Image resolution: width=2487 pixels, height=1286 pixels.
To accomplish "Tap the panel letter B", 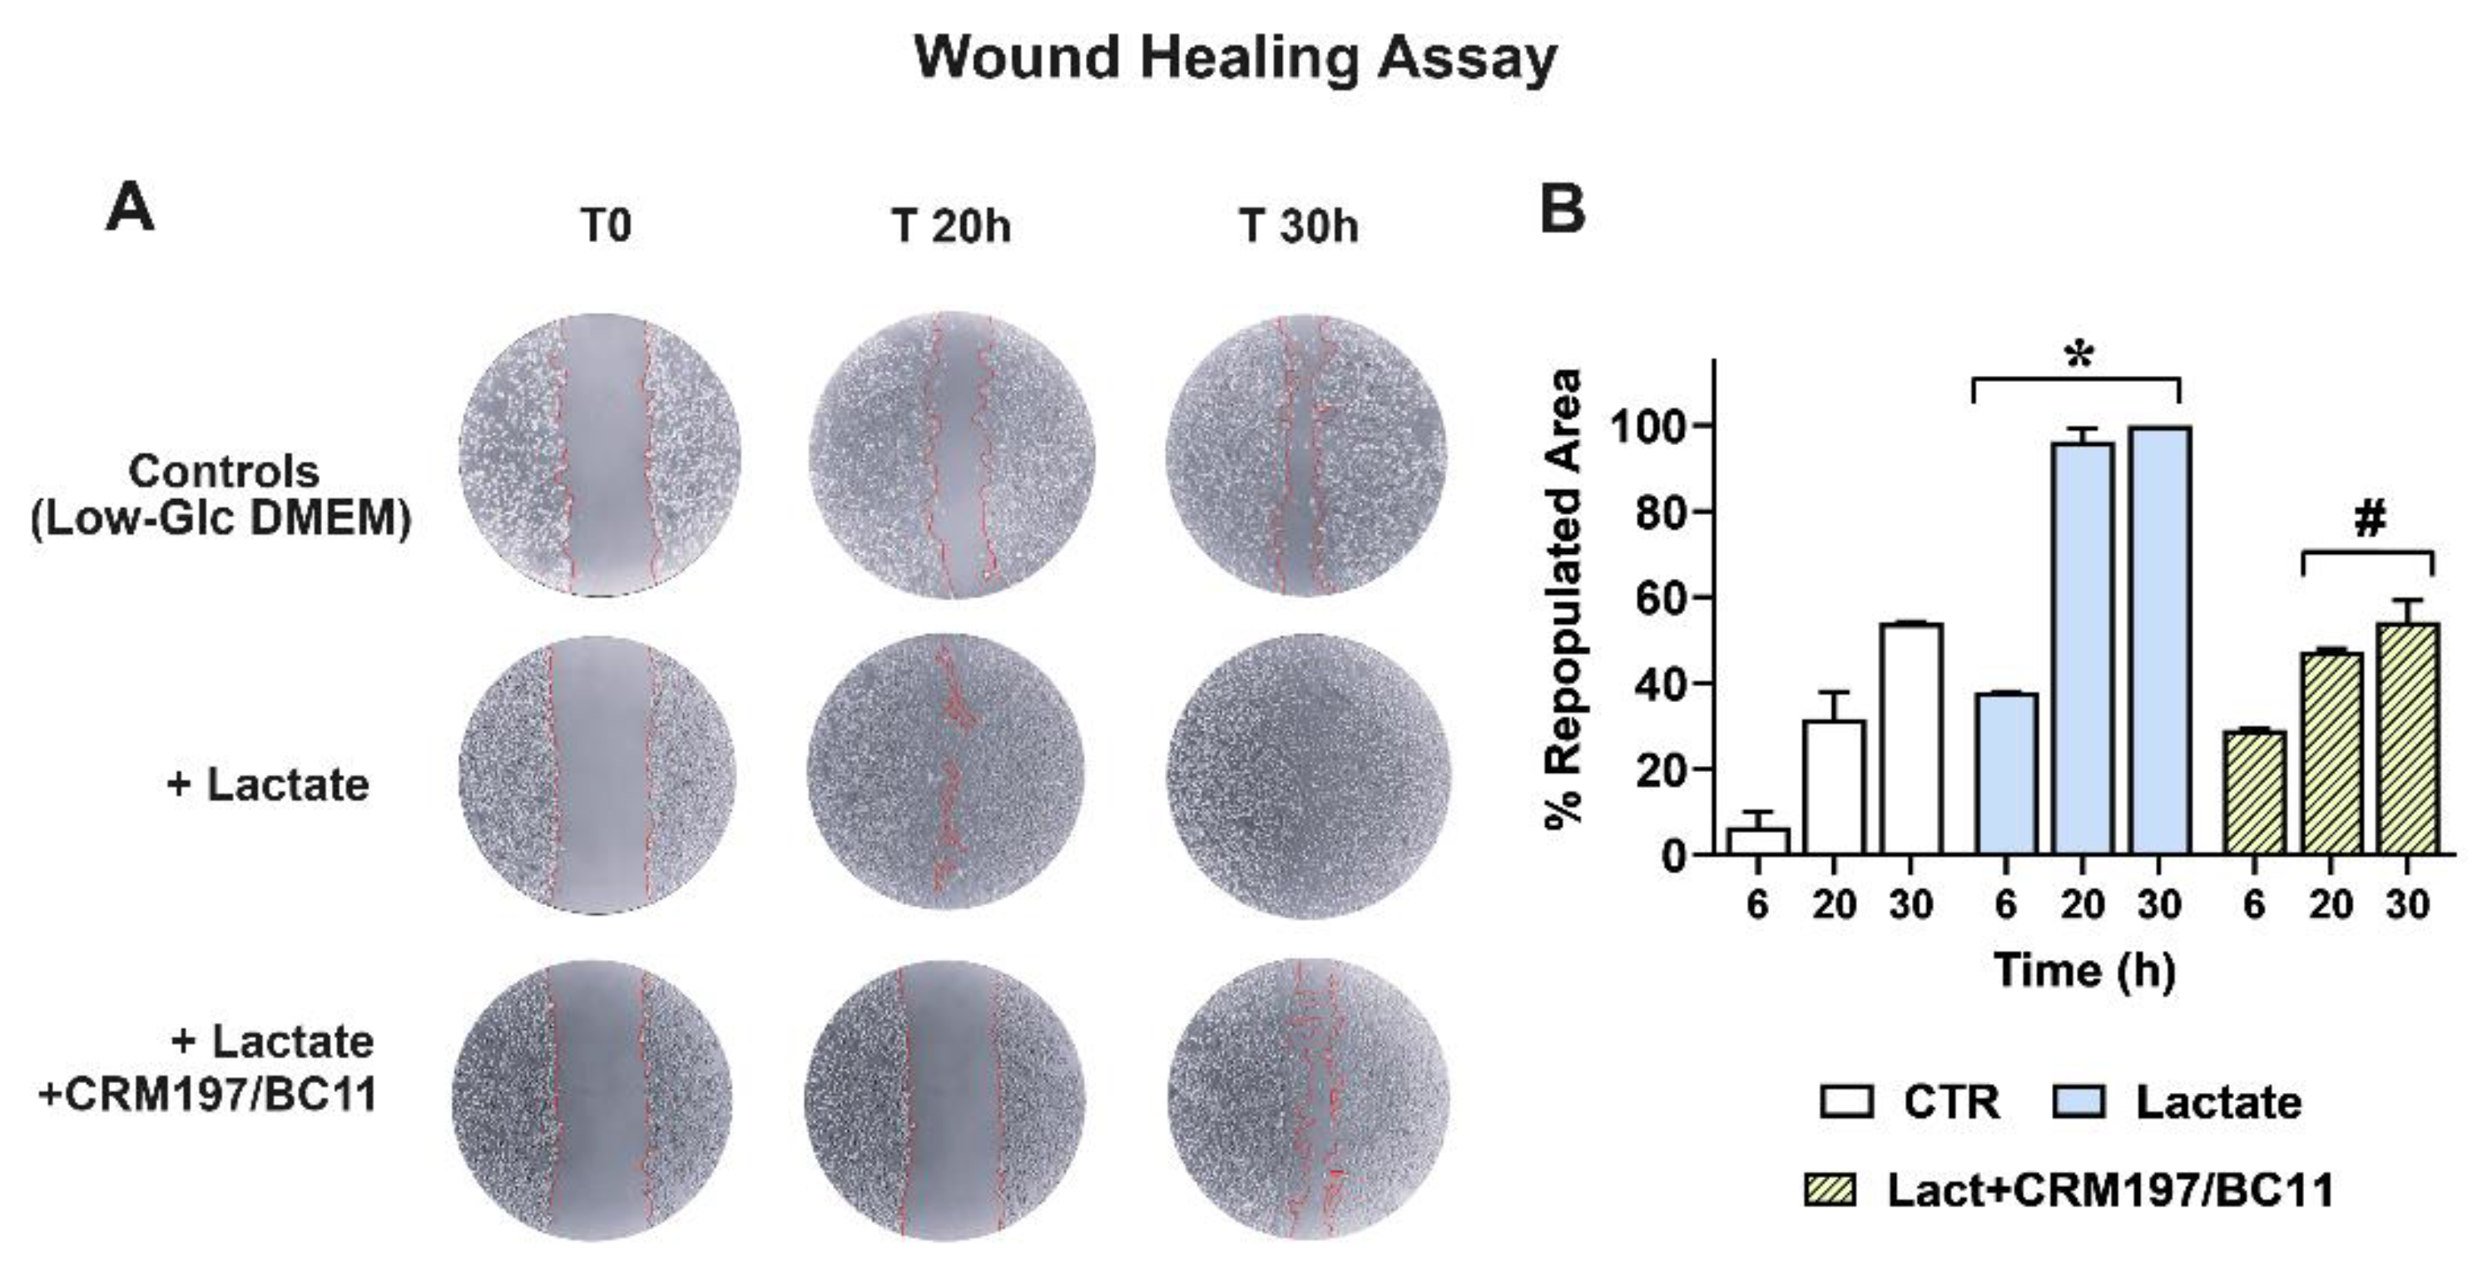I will tap(1562, 209).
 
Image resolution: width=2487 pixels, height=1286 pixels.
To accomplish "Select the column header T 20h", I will tap(951, 227).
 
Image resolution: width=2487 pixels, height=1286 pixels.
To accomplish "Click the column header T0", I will tap(606, 227).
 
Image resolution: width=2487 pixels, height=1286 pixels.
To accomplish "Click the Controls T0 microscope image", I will tap(600, 455).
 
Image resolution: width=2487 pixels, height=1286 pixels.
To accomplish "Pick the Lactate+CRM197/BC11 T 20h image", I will tap(945, 1100).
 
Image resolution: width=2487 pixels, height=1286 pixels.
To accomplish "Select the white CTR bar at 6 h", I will tap(1757, 841).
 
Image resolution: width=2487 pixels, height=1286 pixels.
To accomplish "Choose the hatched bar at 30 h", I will tap(2407, 739).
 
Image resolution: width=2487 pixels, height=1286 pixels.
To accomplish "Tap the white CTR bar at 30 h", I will tap(1910, 739).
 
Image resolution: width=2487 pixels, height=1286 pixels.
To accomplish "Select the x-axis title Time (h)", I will tap(2084, 969).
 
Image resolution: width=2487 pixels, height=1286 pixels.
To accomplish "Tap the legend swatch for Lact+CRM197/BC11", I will tap(1831, 1190).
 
